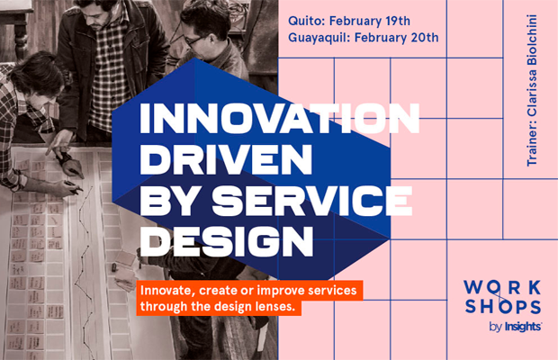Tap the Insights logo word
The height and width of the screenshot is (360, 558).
click(523, 327)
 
